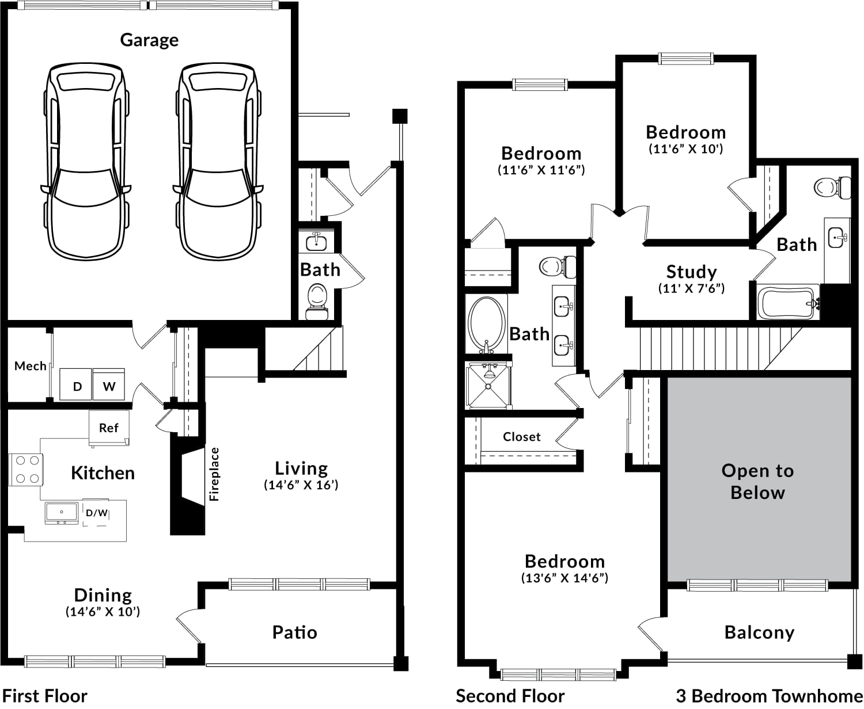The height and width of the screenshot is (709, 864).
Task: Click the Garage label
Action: pos(149,40)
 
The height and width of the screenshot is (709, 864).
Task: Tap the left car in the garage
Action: pos(86,161)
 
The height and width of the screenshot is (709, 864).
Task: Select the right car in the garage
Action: pos(218,161)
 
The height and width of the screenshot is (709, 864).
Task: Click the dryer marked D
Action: pos(77,384)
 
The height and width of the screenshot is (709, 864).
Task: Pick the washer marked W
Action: pos(109,384)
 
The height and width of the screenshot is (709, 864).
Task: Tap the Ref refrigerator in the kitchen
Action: pos(109,428)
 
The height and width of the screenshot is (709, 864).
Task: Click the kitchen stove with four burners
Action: pos(26,470)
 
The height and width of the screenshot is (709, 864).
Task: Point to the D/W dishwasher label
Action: pos(97,513)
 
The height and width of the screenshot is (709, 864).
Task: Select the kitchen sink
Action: pos(62,513)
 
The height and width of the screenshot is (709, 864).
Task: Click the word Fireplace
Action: pos(214,474)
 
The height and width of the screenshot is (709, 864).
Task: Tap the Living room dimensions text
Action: pos(301,485)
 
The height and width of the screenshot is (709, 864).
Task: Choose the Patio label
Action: pos(294,632)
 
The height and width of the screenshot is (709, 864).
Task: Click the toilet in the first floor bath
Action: pos(317,302)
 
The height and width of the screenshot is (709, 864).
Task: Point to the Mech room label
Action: pos(31,365)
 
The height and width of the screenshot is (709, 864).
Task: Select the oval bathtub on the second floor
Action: pos(487,325)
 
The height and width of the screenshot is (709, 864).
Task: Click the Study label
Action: pos(692,272)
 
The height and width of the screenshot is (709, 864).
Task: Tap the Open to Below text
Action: pos(757,482)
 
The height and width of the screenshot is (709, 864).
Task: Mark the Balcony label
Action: pos(760,632)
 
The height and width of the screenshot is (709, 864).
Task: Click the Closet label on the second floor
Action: pos(521,437)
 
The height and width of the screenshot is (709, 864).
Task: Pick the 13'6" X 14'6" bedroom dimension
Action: pos(564,578)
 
